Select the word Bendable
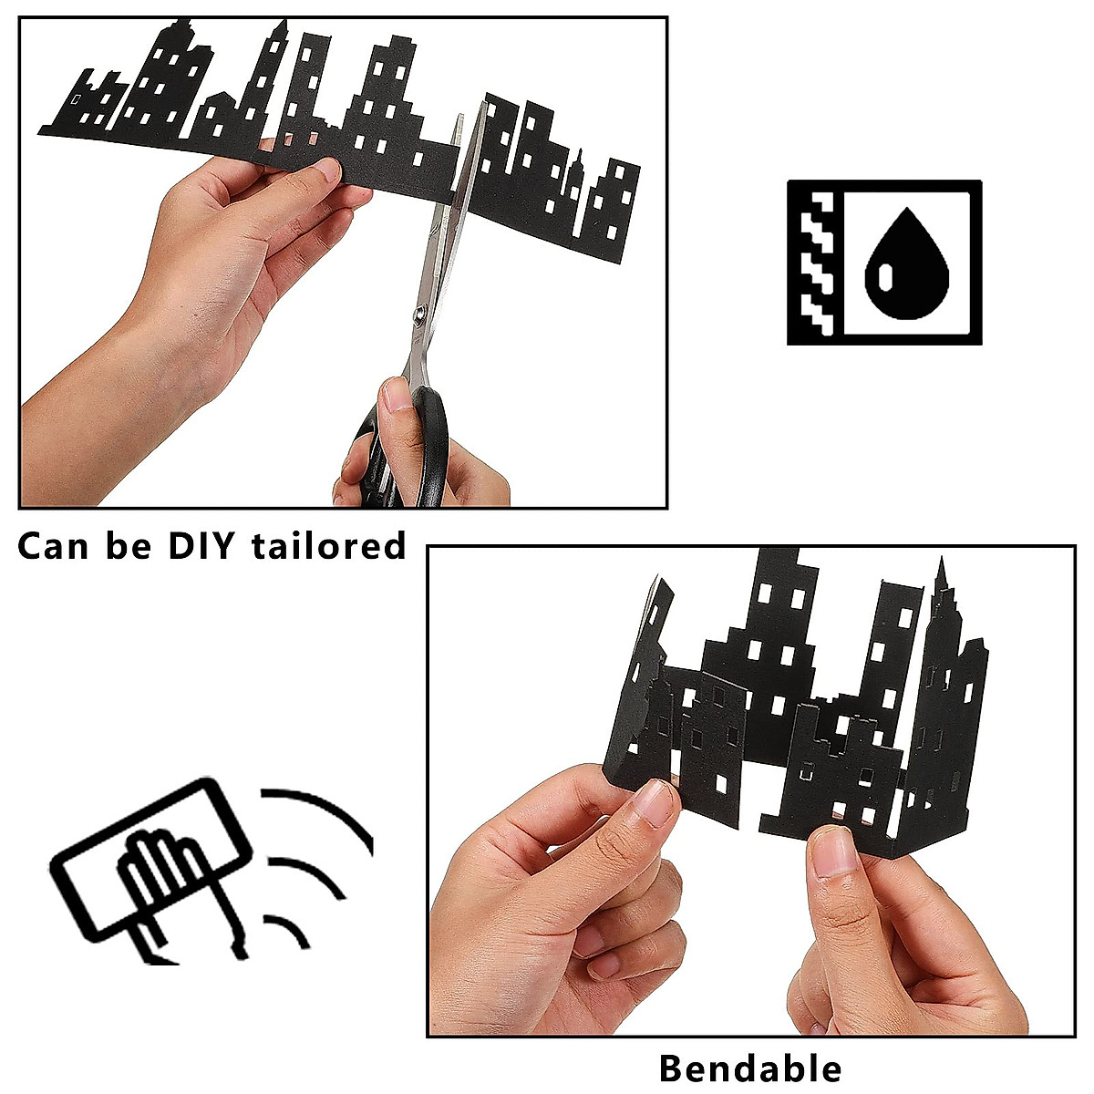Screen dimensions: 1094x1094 point(749,1068)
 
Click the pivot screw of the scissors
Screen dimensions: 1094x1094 point(420,314)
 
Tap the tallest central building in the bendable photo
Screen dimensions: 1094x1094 point(775,629)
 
